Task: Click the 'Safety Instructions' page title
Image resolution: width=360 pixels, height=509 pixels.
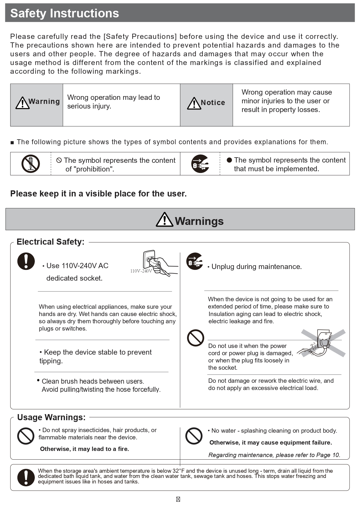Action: point(64,13)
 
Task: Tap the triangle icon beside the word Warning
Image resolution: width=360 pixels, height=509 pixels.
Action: point(22,103)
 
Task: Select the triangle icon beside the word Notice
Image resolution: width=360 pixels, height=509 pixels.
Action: point(194,103)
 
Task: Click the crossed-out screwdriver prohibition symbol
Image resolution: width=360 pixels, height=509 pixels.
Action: point(30,164)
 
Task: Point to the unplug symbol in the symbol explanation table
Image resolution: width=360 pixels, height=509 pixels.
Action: point(200,164)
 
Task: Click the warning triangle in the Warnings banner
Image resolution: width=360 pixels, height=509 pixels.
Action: point(164,220)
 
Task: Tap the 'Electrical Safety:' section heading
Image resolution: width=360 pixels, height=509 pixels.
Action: point(50,242)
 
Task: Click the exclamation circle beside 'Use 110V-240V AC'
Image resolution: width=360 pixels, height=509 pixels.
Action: point(26,261)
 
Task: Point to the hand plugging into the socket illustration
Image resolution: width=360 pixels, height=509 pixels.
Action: point(160,263)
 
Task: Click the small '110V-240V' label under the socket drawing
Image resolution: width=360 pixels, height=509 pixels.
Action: point(141,271)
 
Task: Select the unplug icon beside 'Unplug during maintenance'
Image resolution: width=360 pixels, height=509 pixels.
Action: point(194,261)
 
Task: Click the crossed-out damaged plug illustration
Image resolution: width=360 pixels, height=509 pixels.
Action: point(322,343)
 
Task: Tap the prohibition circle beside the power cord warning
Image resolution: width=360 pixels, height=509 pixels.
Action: point(196,338)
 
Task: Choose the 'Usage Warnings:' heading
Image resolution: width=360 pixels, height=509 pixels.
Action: point(51,417)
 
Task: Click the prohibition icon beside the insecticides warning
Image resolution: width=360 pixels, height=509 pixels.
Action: point(26,436)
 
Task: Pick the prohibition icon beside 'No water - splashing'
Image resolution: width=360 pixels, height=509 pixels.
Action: point(194,436)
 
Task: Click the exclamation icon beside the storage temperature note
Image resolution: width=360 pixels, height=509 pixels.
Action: point(26,477)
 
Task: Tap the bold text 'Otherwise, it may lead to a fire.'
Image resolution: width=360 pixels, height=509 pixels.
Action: point(84,449)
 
